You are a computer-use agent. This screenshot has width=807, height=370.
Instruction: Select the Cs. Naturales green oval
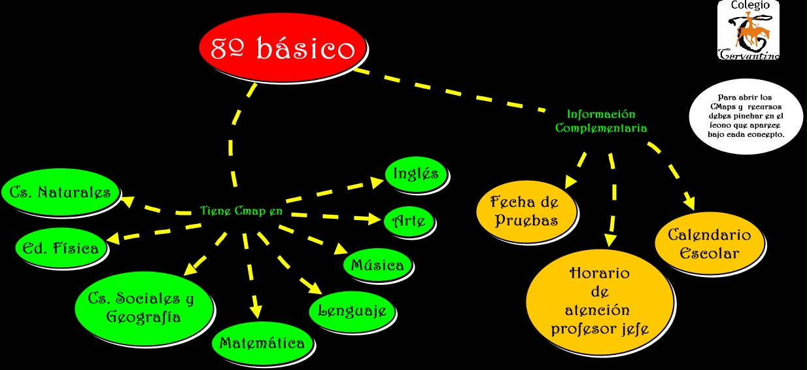pyautogui.click(x=63, y=192)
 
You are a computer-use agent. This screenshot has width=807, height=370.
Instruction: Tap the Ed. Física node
pyautogui.click(x=60, y=248)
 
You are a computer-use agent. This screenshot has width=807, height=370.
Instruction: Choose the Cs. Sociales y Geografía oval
pyautogui.click(x=144, y=307)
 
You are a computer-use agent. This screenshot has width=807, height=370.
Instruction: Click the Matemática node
pyautogui.click(x=262, y=343)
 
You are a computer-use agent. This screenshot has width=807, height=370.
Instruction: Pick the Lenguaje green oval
pyautogui.click(x=352, y=310)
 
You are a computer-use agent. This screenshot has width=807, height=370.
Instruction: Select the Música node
pyautogui.click(x=377, y=265)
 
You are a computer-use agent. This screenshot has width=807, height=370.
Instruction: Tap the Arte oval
pyautogui.click(x=409, y=221)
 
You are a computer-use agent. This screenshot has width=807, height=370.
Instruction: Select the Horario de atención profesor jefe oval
pyautogui.click(x=600, y=301)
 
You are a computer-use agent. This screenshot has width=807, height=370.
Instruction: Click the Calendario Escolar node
pyautogui.click(x=709, y=244)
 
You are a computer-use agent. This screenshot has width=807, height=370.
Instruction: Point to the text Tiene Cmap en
pyautogui.click(x=241, y=211)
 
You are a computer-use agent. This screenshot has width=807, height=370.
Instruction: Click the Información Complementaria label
pyautogui.click(x=601, y=121)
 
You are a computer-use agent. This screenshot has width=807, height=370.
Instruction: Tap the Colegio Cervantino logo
pyautogui.click(x=748, y=31)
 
